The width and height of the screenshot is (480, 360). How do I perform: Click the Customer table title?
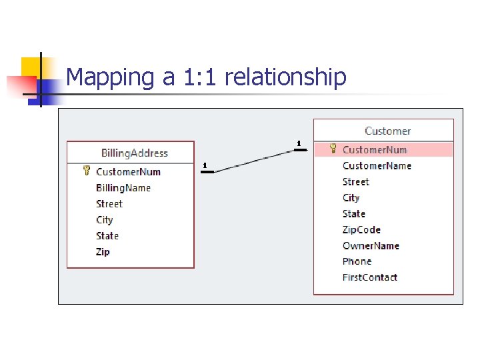coord(387,131)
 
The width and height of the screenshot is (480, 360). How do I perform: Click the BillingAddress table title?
coord(134,153)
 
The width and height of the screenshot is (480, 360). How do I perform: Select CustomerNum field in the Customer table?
coord(375,150)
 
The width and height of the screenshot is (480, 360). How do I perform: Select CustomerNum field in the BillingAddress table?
coord(128,172)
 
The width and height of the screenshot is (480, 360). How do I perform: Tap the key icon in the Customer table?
coord(333,149)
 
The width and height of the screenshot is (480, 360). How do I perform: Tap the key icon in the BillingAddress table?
coord(87,171)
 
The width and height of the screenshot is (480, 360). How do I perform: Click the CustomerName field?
coord(377,166)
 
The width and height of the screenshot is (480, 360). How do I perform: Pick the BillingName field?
coord(123,188)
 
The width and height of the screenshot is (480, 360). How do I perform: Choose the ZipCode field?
coord(361,230)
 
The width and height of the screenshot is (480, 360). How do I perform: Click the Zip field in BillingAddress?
coord(103,252)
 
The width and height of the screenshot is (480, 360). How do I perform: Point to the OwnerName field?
coord(371,246)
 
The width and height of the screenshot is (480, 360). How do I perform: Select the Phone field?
coord(357,262)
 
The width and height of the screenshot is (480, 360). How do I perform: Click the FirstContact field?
coord(369,278)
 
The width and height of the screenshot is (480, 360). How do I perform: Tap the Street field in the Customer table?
coord(355,182)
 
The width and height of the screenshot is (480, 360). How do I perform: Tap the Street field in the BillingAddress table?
coord(109,204)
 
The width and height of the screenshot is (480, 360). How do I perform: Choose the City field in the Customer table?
coord(351,198)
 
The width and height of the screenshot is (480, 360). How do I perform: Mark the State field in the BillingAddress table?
coord(107,236)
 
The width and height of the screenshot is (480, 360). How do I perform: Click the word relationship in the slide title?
coord(285,77)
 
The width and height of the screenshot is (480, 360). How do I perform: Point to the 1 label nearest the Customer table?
coord(299,143)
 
